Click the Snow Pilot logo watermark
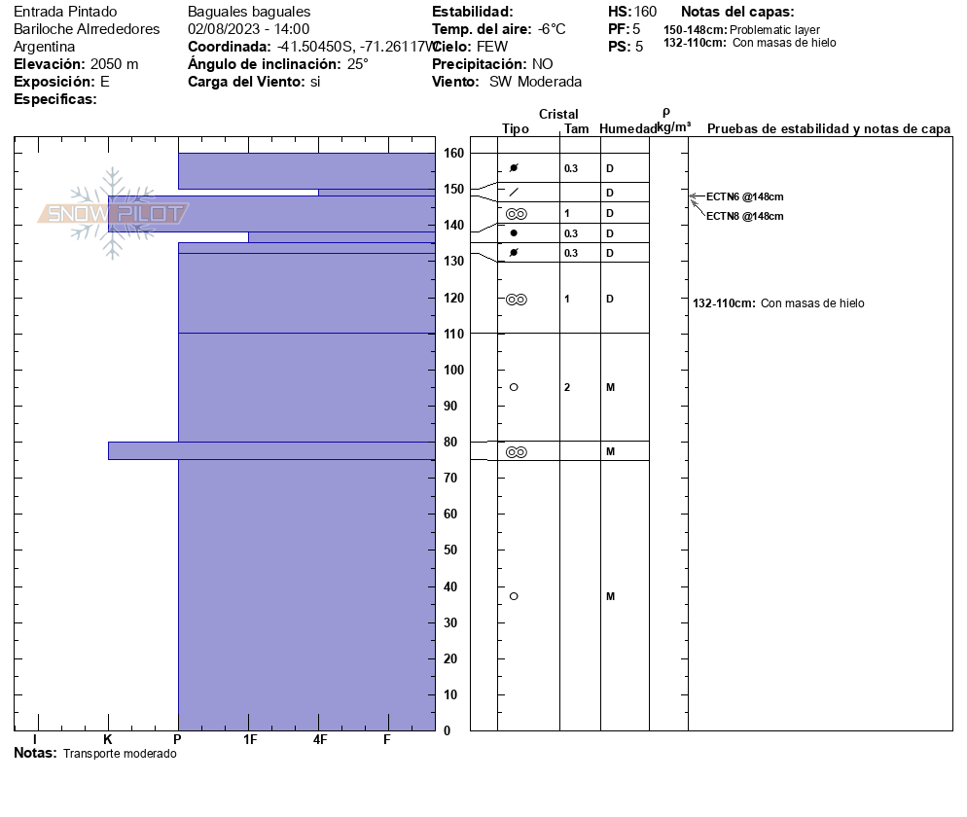tap(113, 214)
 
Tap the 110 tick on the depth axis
tap(453, 334)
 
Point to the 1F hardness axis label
tap(250, 740)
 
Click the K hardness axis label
tap(108, 740)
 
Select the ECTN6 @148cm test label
tap(744, 196)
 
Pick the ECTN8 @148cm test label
tap(744, 216)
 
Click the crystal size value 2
tap(567, 387)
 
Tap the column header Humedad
tap(627, 128)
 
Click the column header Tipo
tap(516, 128)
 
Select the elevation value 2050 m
tap(114, 64)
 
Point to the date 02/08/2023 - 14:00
tap(248, 29)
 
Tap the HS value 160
tap(645, 12)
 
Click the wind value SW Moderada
tap(535, 82)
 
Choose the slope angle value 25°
tap(357, 64)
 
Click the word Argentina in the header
tap(45, 47)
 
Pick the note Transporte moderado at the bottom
tap(120, 754)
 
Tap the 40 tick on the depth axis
tap(453, 586)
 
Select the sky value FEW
tap(492, 47)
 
